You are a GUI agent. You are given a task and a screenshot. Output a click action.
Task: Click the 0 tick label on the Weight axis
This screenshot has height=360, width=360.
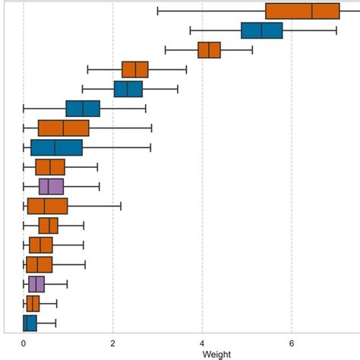point(24,343)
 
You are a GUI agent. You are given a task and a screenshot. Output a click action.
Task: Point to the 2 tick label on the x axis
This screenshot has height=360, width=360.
point(113,343)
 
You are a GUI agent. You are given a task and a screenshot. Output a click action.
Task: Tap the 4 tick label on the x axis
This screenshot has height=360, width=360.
point(203,343)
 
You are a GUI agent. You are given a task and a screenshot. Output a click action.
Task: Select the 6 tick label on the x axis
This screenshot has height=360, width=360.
point(292,343)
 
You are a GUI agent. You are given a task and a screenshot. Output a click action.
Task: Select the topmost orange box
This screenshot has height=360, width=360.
point(302,11)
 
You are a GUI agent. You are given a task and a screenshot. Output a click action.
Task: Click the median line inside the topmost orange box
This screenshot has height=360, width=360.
point(312,11)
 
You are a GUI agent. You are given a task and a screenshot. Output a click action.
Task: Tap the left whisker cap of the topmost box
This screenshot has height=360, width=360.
point(157,11)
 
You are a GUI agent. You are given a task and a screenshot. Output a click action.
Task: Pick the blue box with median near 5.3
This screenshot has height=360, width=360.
point(261,30)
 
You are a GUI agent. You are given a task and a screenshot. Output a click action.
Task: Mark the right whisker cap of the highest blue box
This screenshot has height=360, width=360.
point(336,30)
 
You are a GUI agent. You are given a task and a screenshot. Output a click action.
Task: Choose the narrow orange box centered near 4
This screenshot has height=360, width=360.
point(209,50)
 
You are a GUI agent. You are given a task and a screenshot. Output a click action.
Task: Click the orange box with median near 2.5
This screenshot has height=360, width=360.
point(134,70)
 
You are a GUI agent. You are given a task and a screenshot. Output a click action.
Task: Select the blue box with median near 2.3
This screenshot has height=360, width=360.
point(128,89)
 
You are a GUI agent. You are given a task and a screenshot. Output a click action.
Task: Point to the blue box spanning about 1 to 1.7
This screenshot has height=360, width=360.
point(83,109)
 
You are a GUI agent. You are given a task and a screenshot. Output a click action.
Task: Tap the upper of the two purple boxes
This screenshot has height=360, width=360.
point(51,186)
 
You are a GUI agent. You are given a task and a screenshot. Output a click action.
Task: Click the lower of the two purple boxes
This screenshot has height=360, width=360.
point(36,284)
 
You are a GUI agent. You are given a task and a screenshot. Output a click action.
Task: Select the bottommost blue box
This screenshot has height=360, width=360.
point(30,323)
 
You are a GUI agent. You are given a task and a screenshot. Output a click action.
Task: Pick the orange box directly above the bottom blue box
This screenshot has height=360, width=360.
point(32,304)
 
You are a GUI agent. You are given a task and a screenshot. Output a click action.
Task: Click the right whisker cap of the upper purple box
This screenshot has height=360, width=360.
point(99,186)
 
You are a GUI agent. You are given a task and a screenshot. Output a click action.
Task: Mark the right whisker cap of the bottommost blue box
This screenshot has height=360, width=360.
point(55,323)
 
